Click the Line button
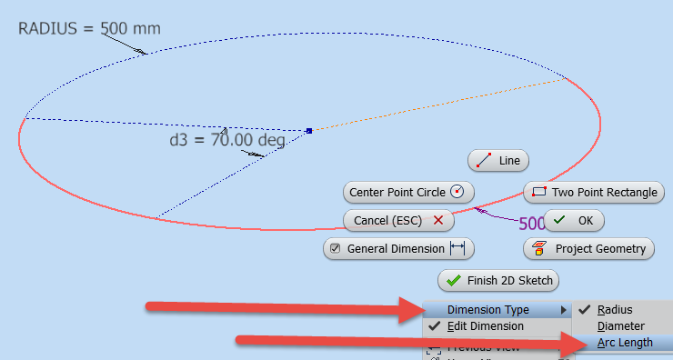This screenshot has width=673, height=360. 498,160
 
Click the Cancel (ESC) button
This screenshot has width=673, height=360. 397,220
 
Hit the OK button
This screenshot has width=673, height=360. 574,220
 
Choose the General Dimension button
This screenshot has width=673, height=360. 398,248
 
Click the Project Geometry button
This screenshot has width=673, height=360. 588,248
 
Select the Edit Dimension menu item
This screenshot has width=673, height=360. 485,325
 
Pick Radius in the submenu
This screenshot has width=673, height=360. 615,310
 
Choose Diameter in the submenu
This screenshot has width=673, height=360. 620,325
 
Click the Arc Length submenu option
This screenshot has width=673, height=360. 624,342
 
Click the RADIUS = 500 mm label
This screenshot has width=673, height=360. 89,28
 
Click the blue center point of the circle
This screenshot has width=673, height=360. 309,131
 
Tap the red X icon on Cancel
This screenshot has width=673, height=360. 437,220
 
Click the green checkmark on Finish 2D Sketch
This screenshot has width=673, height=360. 453,280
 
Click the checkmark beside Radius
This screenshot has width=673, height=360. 584,310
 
